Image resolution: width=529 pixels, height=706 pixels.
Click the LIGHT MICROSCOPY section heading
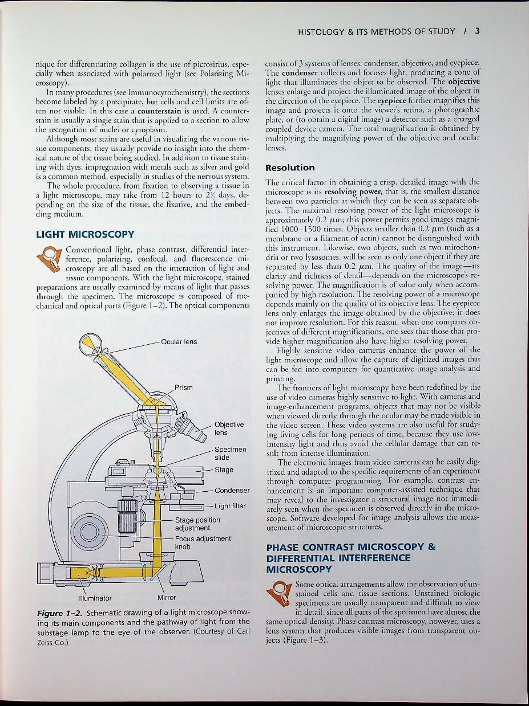click(85, 234)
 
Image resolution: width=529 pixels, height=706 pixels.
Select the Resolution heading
click(290, 168)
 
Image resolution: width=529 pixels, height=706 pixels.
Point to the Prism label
click(184, 387)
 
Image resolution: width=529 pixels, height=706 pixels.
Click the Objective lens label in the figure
click(229, 429)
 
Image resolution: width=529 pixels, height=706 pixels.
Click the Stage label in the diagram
click(224, 470)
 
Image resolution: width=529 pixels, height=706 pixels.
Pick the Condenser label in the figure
click(232, 491)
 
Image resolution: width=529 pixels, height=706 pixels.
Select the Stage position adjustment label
click(197, 524)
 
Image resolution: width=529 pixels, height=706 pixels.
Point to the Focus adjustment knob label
click(202, 542)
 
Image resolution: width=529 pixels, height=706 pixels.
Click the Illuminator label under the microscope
click(95, 598)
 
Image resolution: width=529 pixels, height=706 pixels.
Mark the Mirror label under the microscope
click(167, 598)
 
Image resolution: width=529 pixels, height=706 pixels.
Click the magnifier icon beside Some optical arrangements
click(281, 593)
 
